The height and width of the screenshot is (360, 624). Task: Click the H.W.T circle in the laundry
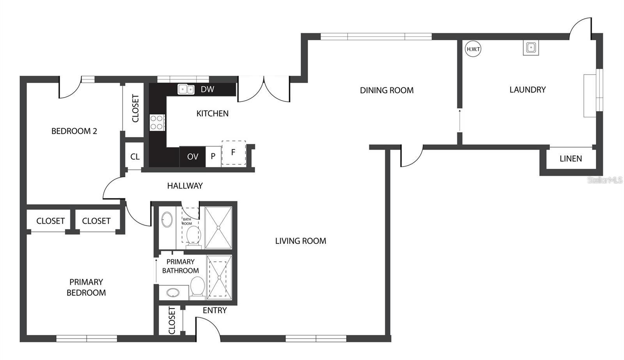(x=473, y=49)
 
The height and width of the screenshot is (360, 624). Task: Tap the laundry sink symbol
(x=530, y=48)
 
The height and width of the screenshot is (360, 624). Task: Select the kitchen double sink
(x=186, y=89)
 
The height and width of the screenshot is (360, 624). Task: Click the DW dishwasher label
(x=207, y=89)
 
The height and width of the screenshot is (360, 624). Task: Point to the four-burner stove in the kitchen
(x=157, y=122)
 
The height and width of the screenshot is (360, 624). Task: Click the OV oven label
(x=193, y=157)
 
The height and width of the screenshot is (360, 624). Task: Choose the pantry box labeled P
(x=213, y=156)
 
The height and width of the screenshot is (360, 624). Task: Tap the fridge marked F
(x=233, y=153)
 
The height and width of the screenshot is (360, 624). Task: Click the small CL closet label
(x=135, y=157)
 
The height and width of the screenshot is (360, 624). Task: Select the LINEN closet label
(x=571, y=159)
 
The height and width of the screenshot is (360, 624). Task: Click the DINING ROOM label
(x=386, y=90)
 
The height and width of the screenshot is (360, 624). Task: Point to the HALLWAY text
(x=185, y=186)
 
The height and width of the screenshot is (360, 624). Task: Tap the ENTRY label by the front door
(x=214, y=310)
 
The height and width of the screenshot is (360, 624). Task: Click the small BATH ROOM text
(x=187, y=222)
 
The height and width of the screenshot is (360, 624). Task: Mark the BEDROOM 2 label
(x=74, y=131)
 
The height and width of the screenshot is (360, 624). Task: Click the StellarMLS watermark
(x=605, y=180)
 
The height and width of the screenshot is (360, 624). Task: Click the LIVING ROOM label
(x=300, y=241)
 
